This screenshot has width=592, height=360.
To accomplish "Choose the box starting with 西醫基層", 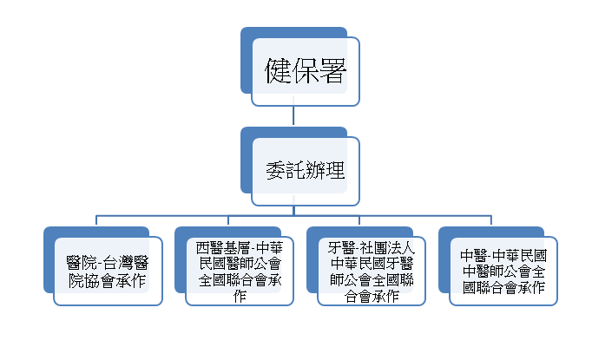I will [240, 270].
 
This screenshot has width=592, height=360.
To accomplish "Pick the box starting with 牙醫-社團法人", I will [372, 270].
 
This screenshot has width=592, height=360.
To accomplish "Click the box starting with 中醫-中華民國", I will [503, 270].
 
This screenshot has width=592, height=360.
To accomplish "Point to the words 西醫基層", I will [221, 246].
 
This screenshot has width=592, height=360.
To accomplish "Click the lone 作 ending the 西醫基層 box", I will [240, 296].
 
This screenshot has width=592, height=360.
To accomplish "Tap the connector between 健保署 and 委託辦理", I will [294, 116].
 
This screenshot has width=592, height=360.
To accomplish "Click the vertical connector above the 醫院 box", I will [96, 220].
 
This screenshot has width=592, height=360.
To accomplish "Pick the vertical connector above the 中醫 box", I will [492, 220].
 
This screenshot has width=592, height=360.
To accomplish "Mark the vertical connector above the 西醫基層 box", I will [228, 220].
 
